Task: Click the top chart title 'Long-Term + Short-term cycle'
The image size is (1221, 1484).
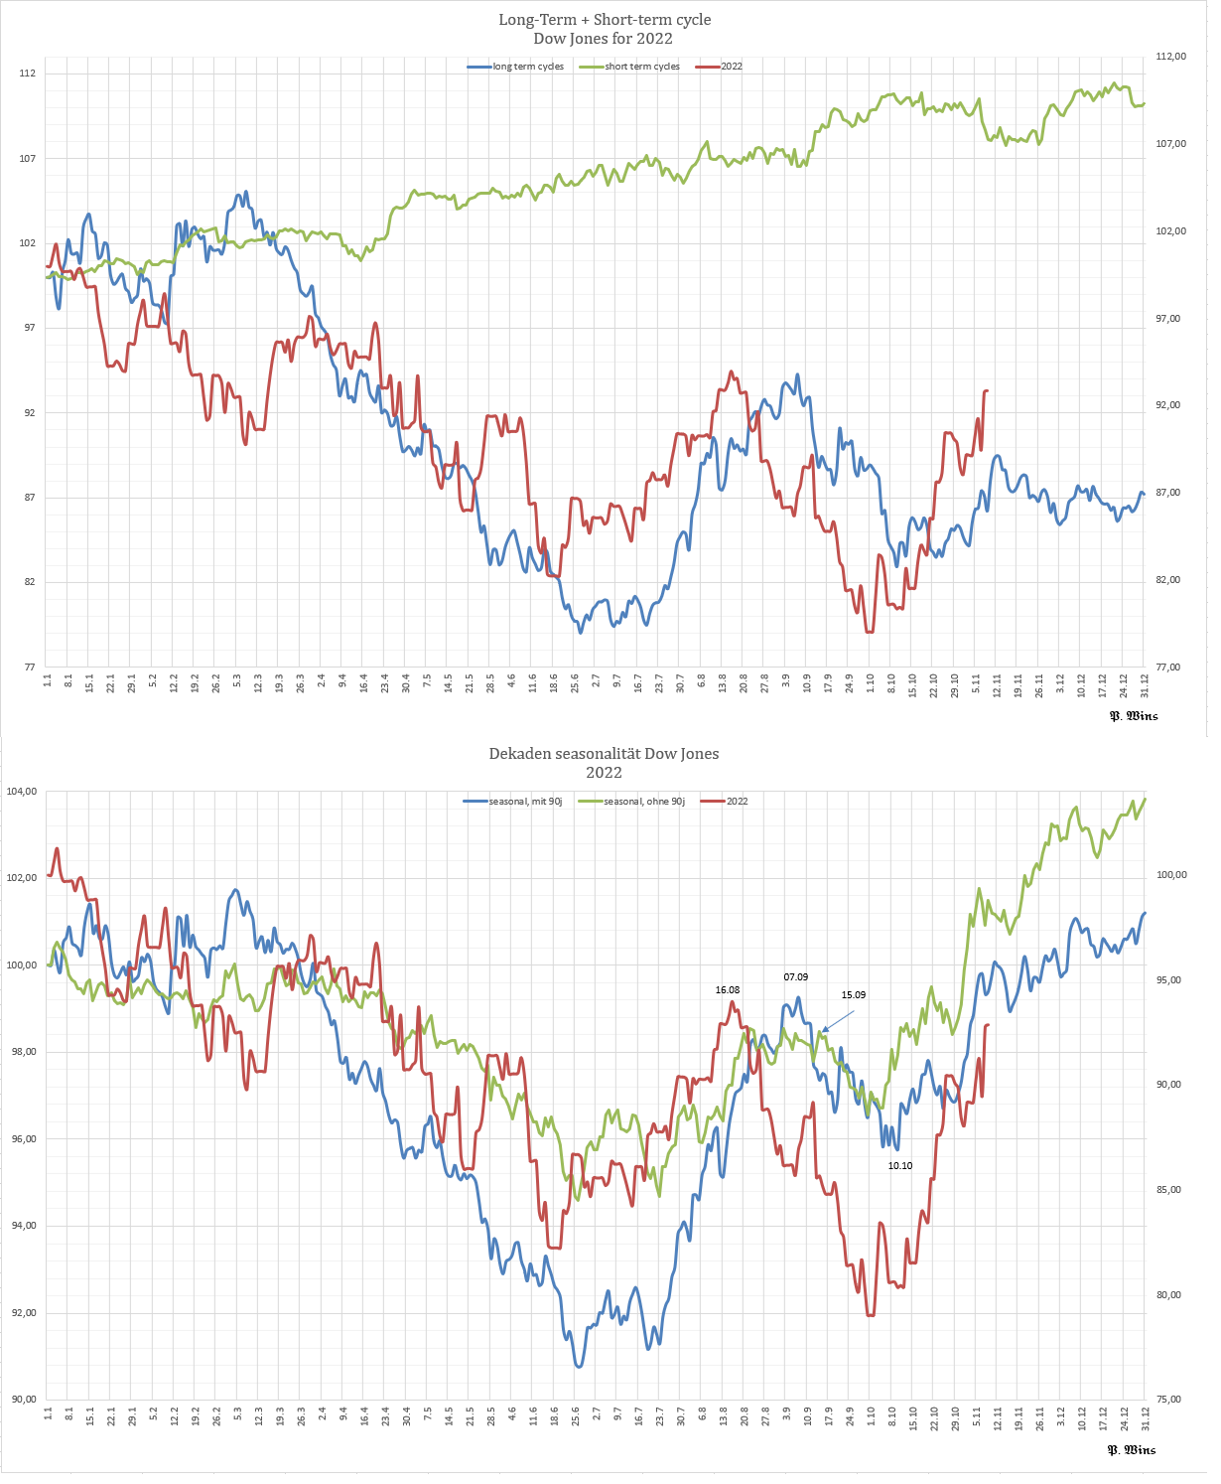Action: [x=604, y=20]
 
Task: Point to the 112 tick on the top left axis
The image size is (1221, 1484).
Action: [x=27, y=74]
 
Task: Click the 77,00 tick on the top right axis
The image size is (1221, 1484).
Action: [x=1171, y=668]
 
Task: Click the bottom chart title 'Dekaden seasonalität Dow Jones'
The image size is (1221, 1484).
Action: [x=604, y=754]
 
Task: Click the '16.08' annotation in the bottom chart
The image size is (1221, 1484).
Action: [x=728, y=990]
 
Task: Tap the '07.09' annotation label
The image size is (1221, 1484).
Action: [x=795, y=977]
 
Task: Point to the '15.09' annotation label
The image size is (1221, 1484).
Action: [x=853, y=995]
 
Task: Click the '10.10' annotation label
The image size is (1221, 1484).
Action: [x=899, y=1166]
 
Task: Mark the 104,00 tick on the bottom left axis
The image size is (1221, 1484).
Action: [x=22, y=792]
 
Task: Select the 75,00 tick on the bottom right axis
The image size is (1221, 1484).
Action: [x=1170, y=1400]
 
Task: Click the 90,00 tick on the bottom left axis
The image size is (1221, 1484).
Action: [x=22, y=1400]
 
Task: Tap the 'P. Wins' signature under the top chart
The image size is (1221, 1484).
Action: [x=1133, y=715]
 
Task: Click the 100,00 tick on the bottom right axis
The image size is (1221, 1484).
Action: [x=1172, y=875]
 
